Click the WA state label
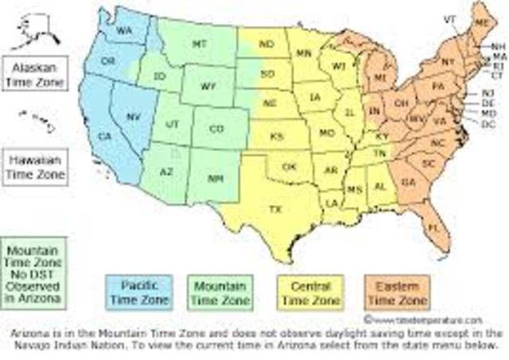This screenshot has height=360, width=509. [x=125, y=30]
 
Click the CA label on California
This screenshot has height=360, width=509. [x=104, y=137]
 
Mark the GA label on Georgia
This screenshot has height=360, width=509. [x=408, y=181]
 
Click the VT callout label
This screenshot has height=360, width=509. [x=449, y=18]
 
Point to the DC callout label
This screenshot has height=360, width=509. [x=488, y=124]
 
